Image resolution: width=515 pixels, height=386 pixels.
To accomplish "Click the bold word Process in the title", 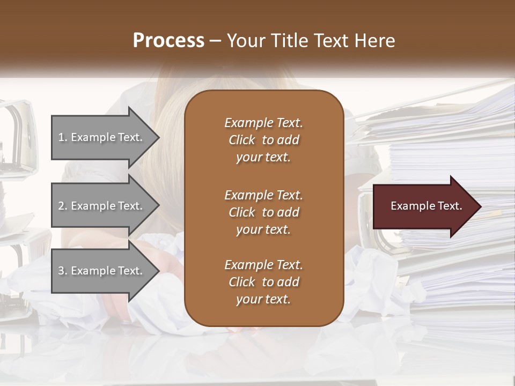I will pos(168,41).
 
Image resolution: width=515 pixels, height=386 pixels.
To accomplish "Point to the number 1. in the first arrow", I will pos(63,137).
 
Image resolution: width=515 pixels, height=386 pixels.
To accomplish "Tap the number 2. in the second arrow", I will pos(63,206).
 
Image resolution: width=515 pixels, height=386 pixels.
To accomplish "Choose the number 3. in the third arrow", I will pos(63,271).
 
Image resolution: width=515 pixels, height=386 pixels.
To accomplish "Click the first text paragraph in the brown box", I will pos(263,140).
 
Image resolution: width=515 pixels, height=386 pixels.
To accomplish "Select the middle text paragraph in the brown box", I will pos(263,212).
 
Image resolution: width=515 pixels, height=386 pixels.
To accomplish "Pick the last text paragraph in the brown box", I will pos(263,282).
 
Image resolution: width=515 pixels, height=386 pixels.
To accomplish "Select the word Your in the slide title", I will pos(245,41).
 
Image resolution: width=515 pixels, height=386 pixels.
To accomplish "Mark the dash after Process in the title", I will pos(216,41).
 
